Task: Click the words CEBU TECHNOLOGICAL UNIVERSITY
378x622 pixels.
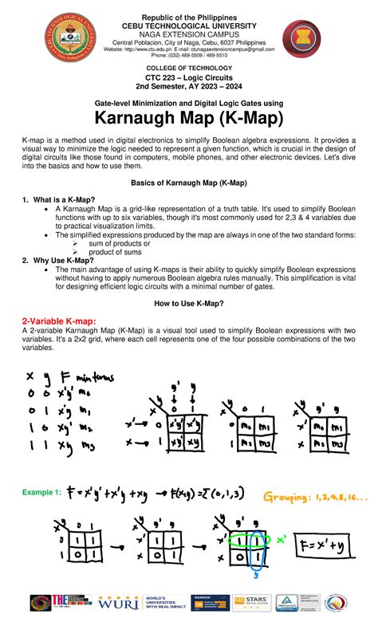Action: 190,25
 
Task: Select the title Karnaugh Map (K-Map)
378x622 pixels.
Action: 189,120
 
